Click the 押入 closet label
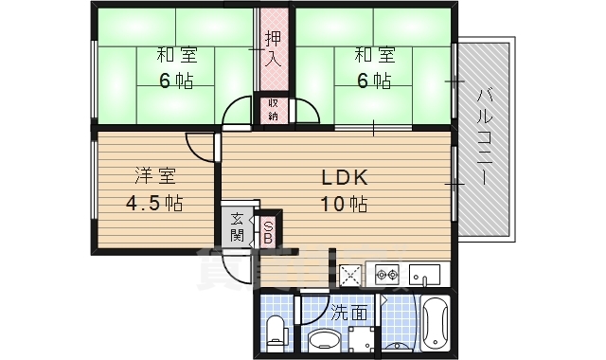click(x=274, y=47)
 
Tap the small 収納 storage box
click(x=273, y=109)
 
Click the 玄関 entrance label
click(x=237, y=227)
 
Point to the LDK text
click(x=332, y=178)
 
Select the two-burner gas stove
click(x=387, y=276)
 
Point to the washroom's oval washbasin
click(x=324, y=341)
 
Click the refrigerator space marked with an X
click(x=351, y=276)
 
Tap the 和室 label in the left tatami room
click(x=176, y=55)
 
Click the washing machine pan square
click(x=362, y=339)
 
